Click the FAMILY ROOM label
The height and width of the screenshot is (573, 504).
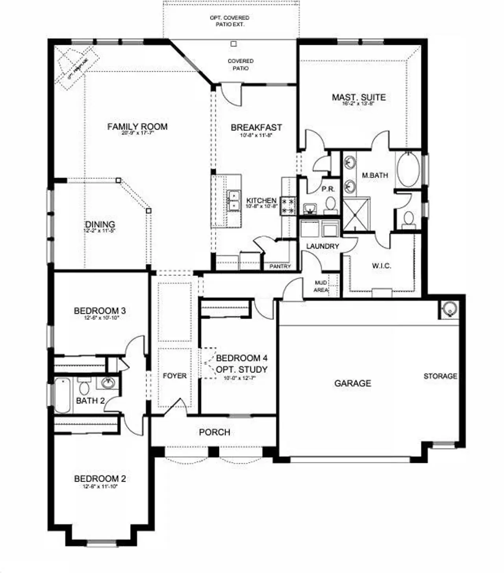(137, 127)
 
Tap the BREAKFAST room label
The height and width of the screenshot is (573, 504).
(256, 128)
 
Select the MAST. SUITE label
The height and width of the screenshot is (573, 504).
(358, 97)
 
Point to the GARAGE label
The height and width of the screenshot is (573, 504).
(352, 383)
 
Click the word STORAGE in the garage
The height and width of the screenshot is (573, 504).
(440, 376)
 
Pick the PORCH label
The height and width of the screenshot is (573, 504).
(214, 432)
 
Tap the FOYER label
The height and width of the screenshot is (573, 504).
(174, 376)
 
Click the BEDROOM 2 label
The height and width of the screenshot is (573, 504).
(100, 479)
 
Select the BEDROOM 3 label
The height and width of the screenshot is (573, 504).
(100, 311)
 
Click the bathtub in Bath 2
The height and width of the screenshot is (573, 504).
(62, 395)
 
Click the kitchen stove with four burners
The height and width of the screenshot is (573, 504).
(288, 206)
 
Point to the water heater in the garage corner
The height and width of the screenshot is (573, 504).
(449, 310)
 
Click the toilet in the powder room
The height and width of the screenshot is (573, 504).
(330, 204)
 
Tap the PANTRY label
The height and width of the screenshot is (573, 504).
(280, 266)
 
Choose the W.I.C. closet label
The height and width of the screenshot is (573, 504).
(381, 266)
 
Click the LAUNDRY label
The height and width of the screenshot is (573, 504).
(322, 246)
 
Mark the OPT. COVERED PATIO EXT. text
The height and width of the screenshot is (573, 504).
(230, 21)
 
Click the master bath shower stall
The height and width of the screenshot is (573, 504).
(356, 214)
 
